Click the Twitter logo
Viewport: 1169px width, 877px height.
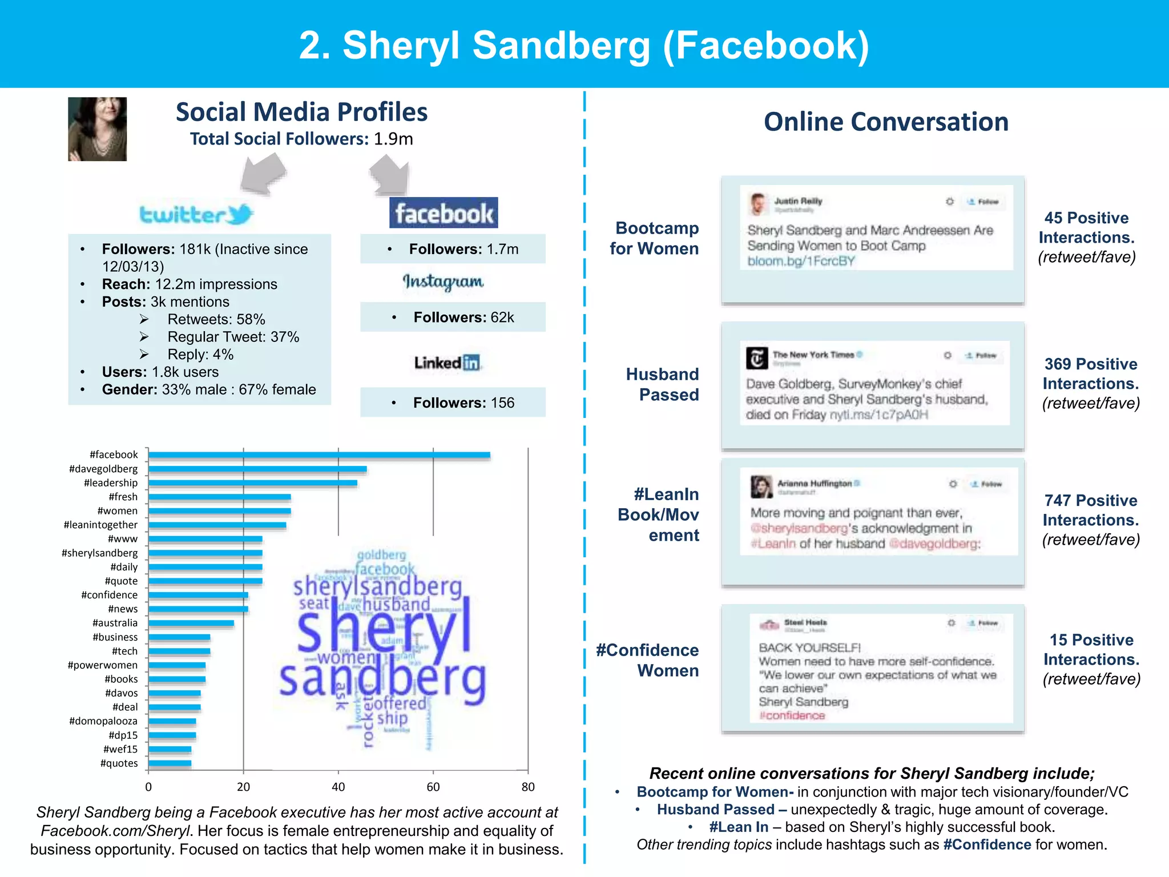[x=196, y=215]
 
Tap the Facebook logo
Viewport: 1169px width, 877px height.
[x=444, y=213]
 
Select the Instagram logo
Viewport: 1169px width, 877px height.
[x=443, y=282]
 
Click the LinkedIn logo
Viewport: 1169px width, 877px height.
[x=448, y=363]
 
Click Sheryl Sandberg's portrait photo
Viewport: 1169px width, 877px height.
[x=97, y=129]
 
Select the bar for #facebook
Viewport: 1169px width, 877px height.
[x=319, y=455]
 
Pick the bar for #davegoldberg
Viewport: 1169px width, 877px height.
[x=257, y=469]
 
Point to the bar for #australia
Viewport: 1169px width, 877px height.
[x=191, y=623]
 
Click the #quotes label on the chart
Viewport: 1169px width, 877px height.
[x=119, y=763]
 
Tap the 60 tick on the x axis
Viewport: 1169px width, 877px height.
[x=433, y=787]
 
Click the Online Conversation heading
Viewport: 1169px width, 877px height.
[x=886, y=122]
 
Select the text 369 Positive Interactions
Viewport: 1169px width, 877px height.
[x=1090, y=374]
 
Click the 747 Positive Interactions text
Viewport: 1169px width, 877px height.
[x=1090, y=510]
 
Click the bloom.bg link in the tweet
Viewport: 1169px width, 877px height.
[x=801, y=262]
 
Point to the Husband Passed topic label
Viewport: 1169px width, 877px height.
[x=662, y=384]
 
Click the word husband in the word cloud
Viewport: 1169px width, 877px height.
[x=396, y=604]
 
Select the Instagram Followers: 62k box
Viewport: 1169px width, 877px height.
[x=453, y=317]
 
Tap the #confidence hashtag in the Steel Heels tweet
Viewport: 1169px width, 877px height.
[x=792, y=715]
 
